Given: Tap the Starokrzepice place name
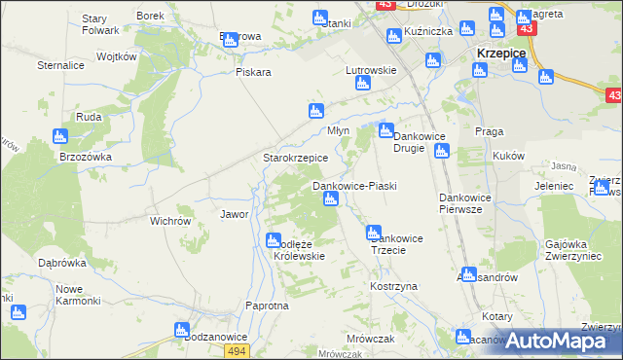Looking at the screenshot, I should [296, 157].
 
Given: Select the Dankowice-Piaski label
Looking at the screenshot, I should [353, 185].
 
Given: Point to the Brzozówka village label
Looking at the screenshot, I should [86, 156].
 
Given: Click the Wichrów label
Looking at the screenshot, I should [170, 221].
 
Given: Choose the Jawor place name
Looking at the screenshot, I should [235, 214].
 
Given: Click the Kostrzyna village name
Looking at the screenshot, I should [393, 287].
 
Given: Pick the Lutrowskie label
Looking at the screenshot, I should [371, 70].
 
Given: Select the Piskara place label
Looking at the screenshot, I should [252, 72].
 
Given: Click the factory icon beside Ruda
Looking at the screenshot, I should [60, 136].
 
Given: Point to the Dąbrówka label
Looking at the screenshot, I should [62, 263].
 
